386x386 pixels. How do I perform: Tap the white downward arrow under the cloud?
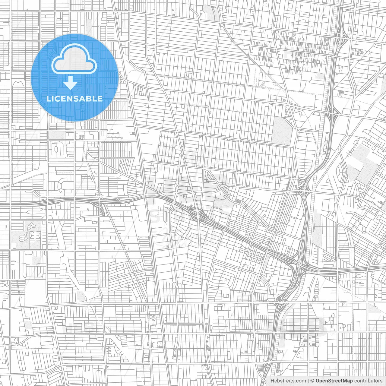coord(71,83)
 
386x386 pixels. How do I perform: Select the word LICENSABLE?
coord(74,99)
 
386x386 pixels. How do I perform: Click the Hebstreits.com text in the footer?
coord(288,381)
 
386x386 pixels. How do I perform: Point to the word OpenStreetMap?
coord(334,381)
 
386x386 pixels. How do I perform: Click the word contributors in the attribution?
coord(368,381)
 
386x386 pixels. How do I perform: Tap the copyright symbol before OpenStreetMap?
coord(312,381)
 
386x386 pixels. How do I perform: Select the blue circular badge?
coord(74,78)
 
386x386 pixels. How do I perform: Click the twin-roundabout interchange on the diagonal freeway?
coord(198,215)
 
